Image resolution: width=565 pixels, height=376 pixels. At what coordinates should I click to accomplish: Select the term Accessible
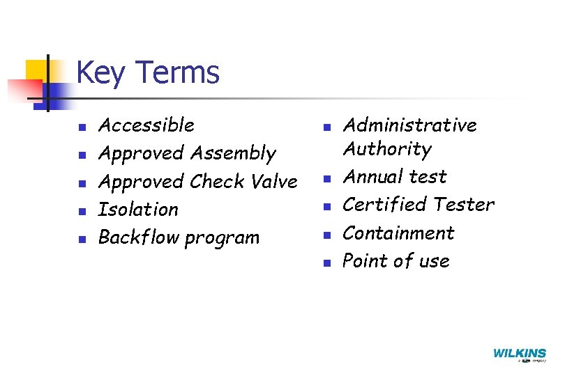coord(146,125)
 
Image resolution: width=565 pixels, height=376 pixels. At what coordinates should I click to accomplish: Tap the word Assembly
coord(233,154)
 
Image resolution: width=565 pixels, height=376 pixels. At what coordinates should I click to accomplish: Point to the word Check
coord(216,182)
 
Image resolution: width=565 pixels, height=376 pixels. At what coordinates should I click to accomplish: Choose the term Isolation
coord(138,210)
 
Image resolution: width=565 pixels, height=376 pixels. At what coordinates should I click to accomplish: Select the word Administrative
coord(410,125)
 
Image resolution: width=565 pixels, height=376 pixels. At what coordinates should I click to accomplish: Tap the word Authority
coord(387,150)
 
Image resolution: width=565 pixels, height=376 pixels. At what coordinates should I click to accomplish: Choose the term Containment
coord(398,233)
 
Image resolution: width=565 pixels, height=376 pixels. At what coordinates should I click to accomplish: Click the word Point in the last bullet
coord(364,261)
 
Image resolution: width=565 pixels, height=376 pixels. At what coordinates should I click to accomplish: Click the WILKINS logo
coord(519,354)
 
